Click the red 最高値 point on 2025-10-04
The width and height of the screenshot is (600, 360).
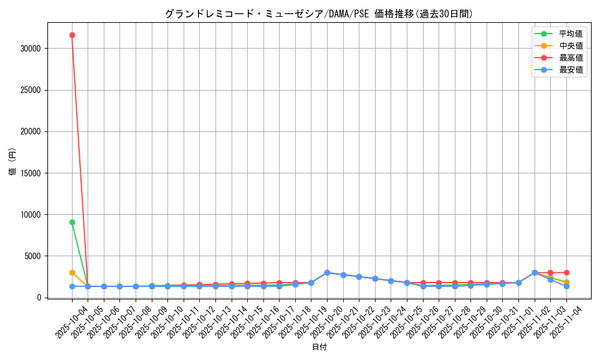[x=72, y=35]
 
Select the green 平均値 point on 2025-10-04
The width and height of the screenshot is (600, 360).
[x=72, y=222]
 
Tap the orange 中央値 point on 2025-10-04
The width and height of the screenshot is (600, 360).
[x=72, y=272]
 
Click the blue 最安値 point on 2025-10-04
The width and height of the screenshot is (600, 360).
[x=72, y=286]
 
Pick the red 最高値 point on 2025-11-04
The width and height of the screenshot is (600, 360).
[x=566, y=272]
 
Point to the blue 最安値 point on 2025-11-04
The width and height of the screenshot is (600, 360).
[x=566, y=286]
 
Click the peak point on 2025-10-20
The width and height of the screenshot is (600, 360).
[x=327, y=272]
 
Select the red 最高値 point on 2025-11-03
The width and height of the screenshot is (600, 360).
[x=550, y=272]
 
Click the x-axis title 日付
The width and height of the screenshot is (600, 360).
[x=319, y=347]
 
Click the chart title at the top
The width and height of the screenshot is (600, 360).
[x=319, y=14]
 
